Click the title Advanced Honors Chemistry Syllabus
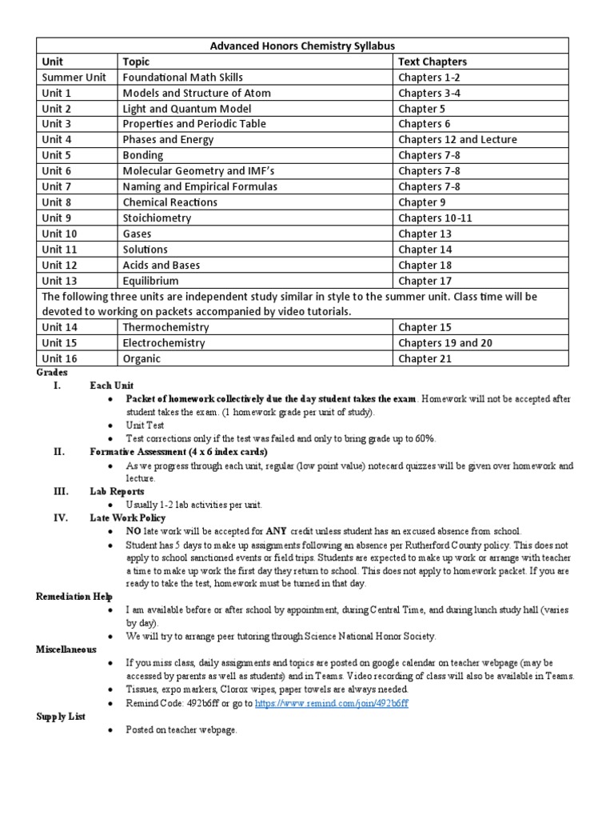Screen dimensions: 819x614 [302, 46]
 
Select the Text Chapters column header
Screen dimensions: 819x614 [433, 62]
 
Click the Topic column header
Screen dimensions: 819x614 [136, 62]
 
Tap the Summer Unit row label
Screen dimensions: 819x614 [73, 78]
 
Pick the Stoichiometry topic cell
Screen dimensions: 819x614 [157, 218]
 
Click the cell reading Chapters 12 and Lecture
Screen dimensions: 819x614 [457, 140]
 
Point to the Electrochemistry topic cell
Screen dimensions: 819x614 [164, 343]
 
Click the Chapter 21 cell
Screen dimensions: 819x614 [425, 359]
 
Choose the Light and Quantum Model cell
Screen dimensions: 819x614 [187, 109]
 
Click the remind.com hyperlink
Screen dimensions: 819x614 [332, 702]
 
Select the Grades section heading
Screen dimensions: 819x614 [52, 373]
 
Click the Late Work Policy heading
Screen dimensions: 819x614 [127, 517]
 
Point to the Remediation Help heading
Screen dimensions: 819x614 [74, 596]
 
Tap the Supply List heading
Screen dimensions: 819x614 [61, 717]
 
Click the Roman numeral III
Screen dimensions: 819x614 [60, 492]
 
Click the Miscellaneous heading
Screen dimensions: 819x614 [66, 649]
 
